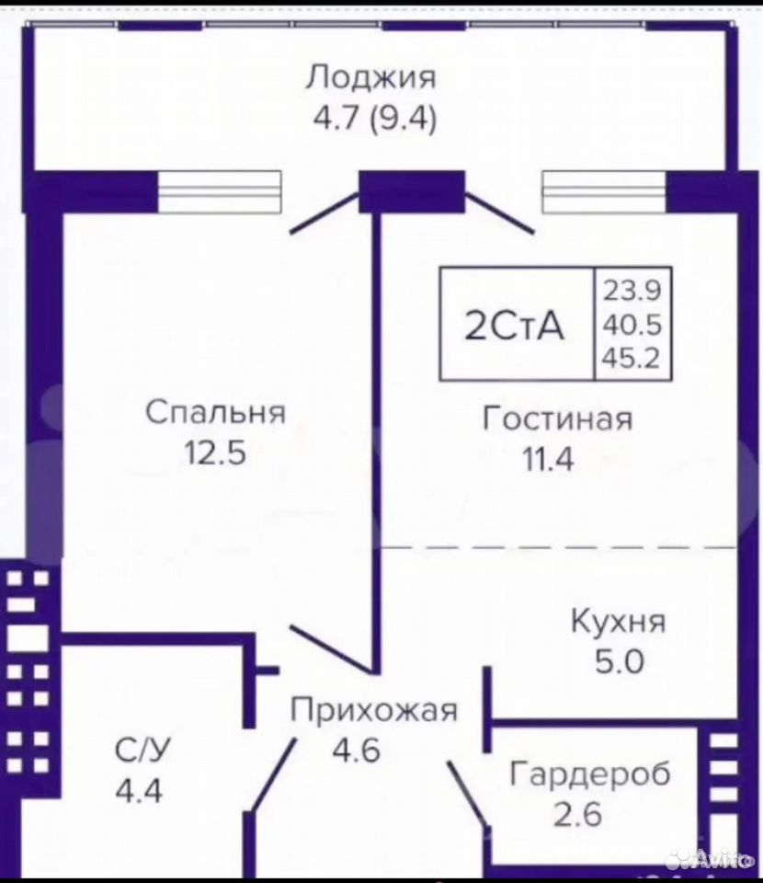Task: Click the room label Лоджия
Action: [x=370, y=78]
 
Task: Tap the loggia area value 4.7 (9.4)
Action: [x=375, y=119]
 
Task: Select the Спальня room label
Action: [x=215, y=412]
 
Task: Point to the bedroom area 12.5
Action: [x=215, y=452]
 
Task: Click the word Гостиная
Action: [x=558, y=419]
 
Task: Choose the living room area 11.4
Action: [x=549, y=459]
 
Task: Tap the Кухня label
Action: [x=618, y=623]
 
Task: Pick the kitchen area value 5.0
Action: [x=620, y=661]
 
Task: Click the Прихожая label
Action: [x=373, y=710]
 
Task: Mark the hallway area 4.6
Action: [x=356, y=751]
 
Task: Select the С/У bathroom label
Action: [x=142, y=750]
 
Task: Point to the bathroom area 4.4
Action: [x=139, y=790]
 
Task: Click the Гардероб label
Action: [x=589, y=774]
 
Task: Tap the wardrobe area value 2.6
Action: [x=578, y=814]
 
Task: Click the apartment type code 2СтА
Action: [x=514, y=326]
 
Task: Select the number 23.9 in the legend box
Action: [x=632, y=291]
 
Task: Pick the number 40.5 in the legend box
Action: [x=632, y=325]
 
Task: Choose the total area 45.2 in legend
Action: [x=632, y=358]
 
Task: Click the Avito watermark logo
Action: [x=709, y=859]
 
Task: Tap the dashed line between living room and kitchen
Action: [x=558, y=546]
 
